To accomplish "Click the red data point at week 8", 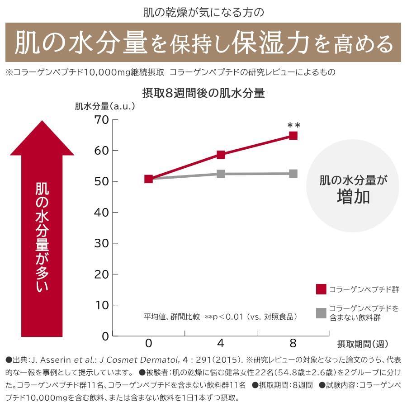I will [293, 136].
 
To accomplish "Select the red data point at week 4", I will [221, 155].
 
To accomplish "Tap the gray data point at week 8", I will [293, 174].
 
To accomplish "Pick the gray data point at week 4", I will [221, 174].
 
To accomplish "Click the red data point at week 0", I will [148, 179].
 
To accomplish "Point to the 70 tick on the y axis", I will [102, 120].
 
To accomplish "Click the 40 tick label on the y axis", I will [102, 213].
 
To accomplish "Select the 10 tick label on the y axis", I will [102, 305].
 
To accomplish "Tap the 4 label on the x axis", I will [221, 343].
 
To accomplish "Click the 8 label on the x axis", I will [293, 343].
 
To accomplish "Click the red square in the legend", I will [321, 289].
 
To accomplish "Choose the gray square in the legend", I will [321, 312].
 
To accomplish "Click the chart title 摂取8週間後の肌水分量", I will [203, 94].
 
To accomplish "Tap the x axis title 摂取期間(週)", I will [363, 344].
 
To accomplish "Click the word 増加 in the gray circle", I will [353, 197].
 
